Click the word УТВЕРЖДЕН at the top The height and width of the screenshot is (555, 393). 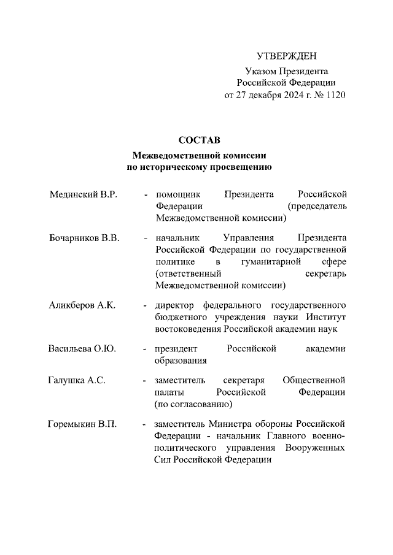click(286, 56)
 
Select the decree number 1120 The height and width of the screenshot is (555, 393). click(334, 95)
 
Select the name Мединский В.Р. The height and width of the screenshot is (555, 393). click(83, 194)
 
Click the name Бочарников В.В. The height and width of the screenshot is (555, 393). click(84, 238)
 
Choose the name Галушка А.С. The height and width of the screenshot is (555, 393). click(77, 381)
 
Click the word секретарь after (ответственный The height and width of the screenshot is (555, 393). click(325, 274)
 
